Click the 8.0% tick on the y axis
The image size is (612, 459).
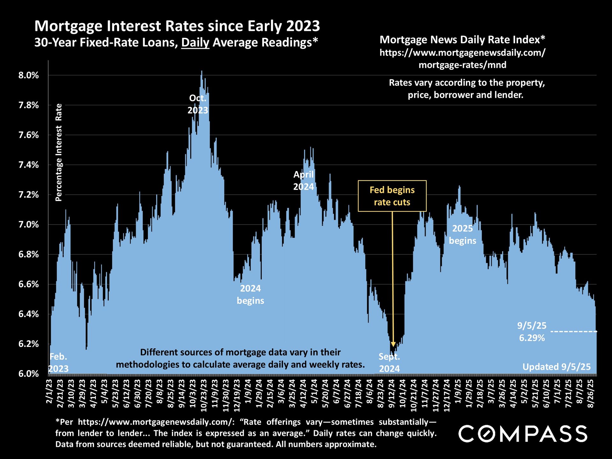click(x=28, y=76)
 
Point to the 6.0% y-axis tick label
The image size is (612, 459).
click(x=28, y=374)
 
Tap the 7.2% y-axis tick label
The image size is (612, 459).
click(x=28, y=195)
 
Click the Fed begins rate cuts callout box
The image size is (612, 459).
click(x=392, y=196)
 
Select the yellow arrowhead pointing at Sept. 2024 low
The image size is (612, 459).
click(x=393, y=344)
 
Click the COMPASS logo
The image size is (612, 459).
click(x=523, y=434)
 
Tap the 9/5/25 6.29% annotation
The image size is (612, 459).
click(x=532, y=332)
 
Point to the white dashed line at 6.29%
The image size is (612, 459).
click(x=574, y=332)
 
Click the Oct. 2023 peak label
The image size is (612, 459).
click(x=198, y=104)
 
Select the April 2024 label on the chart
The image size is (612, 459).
click(x=303, y=180)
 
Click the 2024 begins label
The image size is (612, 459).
click(x=251, y=295)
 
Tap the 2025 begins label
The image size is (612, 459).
click(x=463, y=235)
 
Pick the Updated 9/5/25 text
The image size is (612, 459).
click(x=557, y=367)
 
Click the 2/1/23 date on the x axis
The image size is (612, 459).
click(x=49, y=391)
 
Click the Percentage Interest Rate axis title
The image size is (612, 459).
click(x=59, y=152)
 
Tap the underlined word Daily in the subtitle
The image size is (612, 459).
click(x=195, y=42)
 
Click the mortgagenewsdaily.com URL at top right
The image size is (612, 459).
click(x=463, y=59)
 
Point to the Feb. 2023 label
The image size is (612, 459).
click(x=59, y=363)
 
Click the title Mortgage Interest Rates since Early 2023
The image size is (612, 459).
click(x=177, y=26)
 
